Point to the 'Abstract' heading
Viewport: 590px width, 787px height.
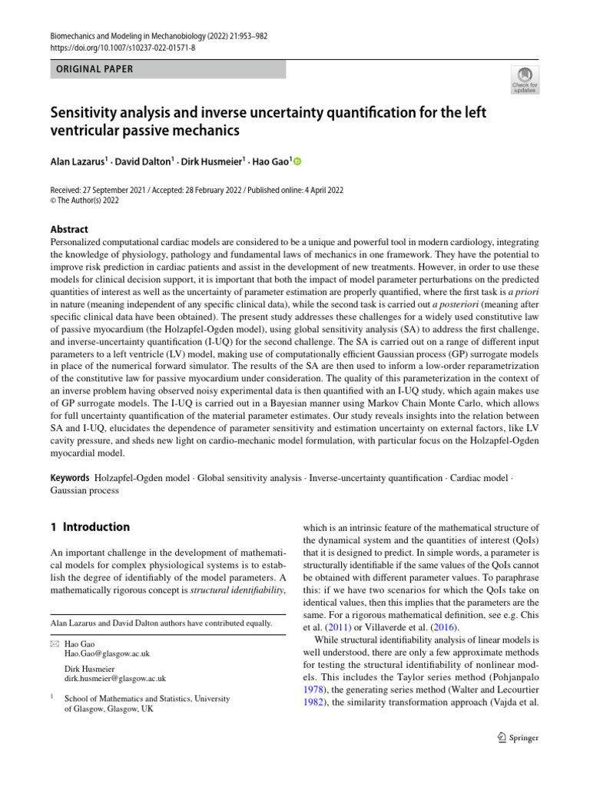68,229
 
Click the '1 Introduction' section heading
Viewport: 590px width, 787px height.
90,527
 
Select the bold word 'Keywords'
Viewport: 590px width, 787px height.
69,478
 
